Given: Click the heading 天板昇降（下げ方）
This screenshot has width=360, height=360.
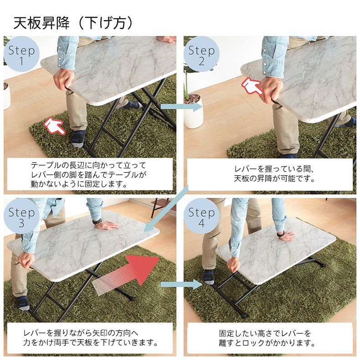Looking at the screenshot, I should [73, 23].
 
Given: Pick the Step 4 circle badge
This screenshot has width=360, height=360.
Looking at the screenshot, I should [201, 217].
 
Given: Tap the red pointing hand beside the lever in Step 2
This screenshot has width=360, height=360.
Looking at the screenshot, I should [252, 86].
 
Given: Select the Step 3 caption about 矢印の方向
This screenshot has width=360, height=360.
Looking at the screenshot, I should [90, 338].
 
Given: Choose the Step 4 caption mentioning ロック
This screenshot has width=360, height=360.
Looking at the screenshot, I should [272, 338].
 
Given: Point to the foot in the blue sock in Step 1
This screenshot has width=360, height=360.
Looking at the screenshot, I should [78, 137].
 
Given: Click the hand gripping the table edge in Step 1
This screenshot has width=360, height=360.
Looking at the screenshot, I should [63, 79].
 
